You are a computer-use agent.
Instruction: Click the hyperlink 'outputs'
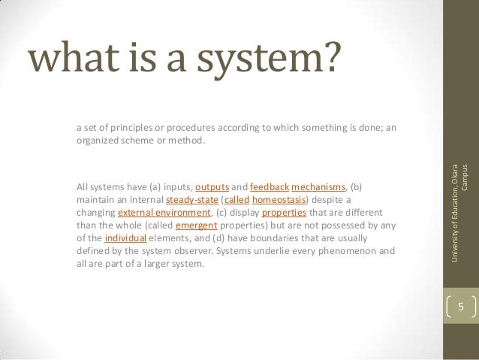211,186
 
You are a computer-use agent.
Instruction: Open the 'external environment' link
155,212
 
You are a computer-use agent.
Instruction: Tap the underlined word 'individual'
125,238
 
